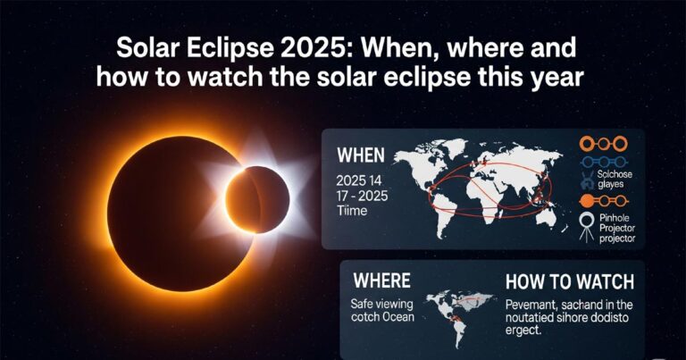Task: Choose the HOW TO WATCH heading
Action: click(x=569, y=282)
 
